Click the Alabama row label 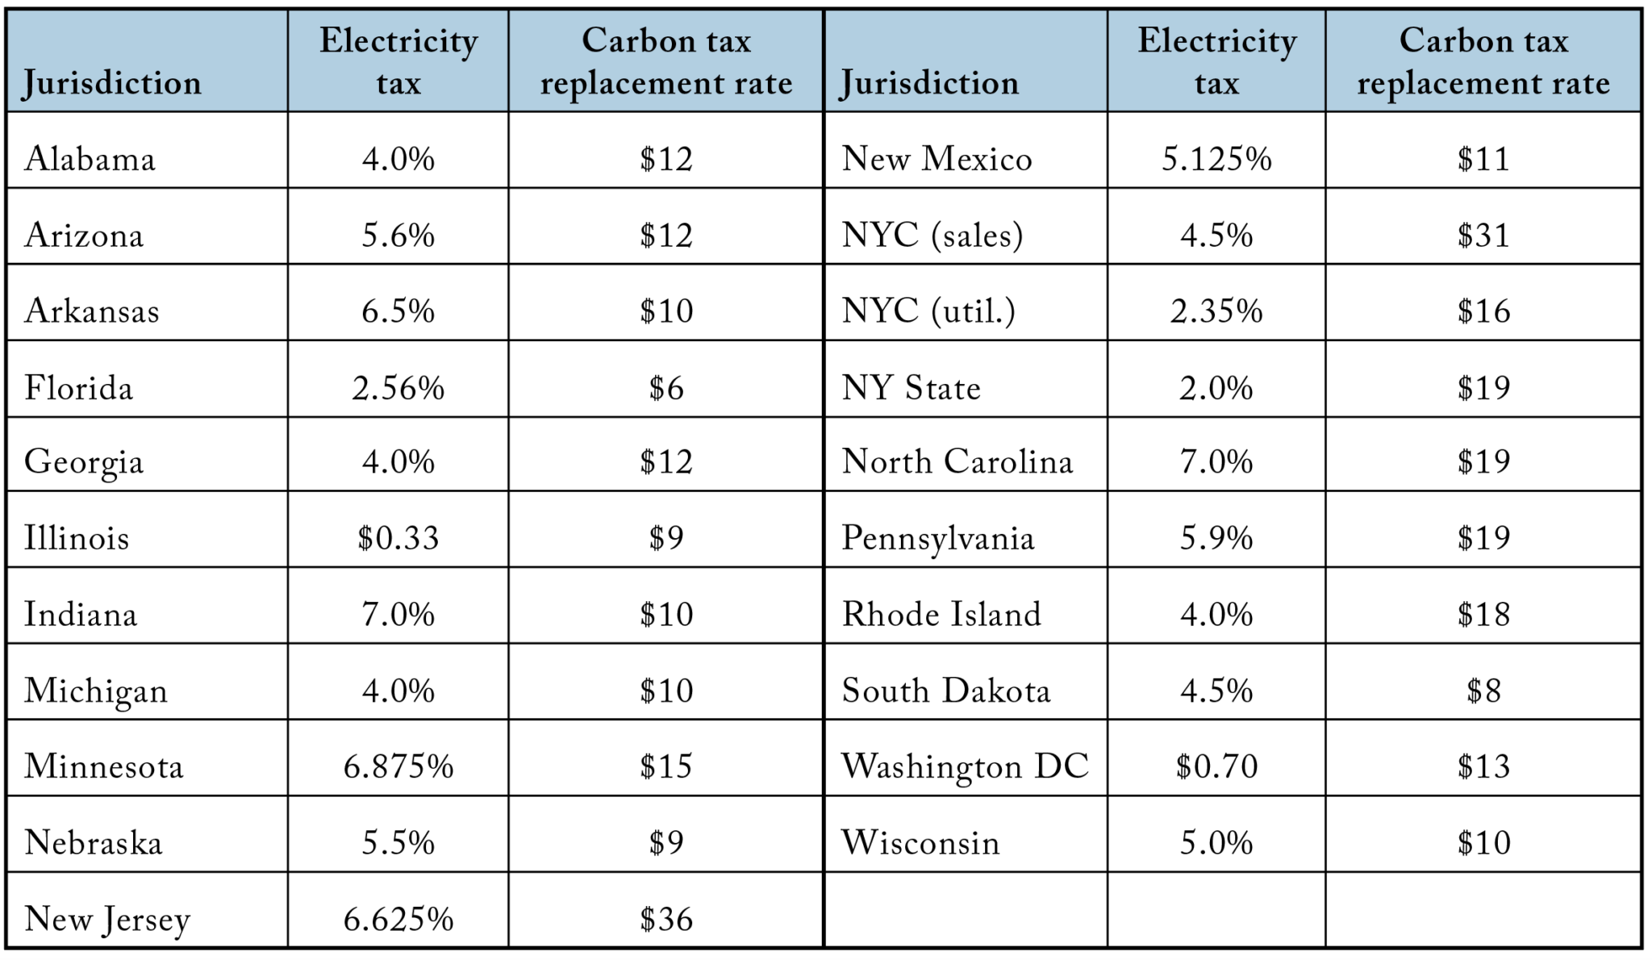pyautogui.click(x=90, y=158)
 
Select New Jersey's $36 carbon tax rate pyautogui.click(x=665, y=919)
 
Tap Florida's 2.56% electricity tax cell pyautogui.click(x=398, y=388)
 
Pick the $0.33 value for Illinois pyautogui.click(x=398, y=537)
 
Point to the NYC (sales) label pyautogui.click(x=932, y=235)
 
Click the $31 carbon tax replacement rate pyautogui.click(x=1483, y=235)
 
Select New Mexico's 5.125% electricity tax pyautogui.click(x=1216, y=158)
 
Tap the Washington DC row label pyautogui.click(x=965, y=766)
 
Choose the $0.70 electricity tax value pyautogui.click(x=1216, y=766)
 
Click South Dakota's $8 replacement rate pyautogui.click(x=1483, y=691)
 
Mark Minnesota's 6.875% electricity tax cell pyautogui.click(x=398, y=766)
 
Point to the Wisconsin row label pyautogui.click(x=920, y=842)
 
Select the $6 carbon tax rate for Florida pyautogui.click(x=665, y=388)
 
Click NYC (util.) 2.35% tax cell pyautogui.click(x=1216, y=311)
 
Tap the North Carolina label pyautogui.click(x=957, y=461)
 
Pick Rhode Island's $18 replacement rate pyautogui.click(x=1483, y=614)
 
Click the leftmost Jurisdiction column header pyautogui.click(x=111, y=82)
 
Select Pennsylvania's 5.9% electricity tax pyautogui.click(x=1216, y=537)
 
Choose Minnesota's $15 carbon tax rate pyautogui.click(x=665, y=766)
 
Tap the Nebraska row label pyautogui.click(x=93, y=842)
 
